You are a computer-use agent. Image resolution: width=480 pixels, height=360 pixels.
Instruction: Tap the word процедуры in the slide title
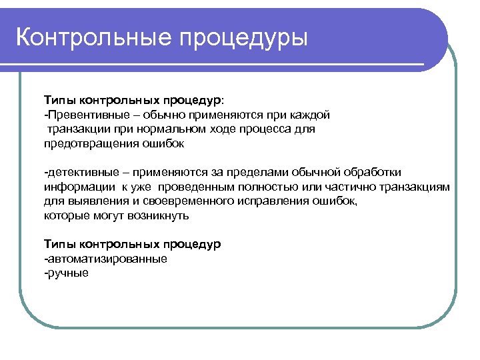(x=243, y=39)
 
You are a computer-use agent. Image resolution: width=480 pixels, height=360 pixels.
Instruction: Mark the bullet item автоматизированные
(x=106, y=258)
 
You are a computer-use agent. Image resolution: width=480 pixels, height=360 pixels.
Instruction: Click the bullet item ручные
(x=67, y=273)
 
